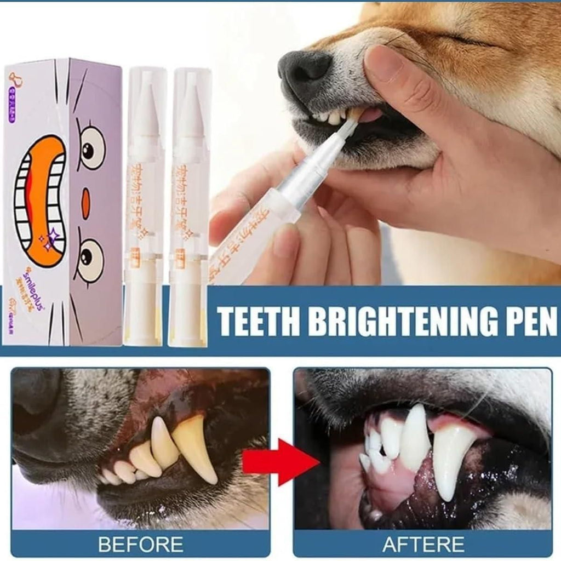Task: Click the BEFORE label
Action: [140, 544]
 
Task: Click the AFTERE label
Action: [423, 544]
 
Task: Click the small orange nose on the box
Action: [85, 204]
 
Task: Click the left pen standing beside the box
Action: [143, 208]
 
